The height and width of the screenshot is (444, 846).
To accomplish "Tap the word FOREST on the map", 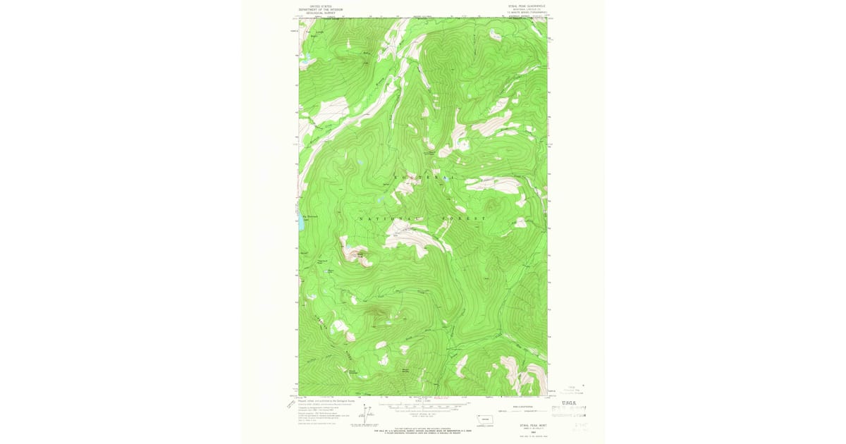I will tap(466, 219).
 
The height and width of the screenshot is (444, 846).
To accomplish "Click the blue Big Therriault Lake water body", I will tap(301, 225).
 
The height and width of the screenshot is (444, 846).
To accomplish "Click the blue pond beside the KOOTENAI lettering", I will tap(359, 164).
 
